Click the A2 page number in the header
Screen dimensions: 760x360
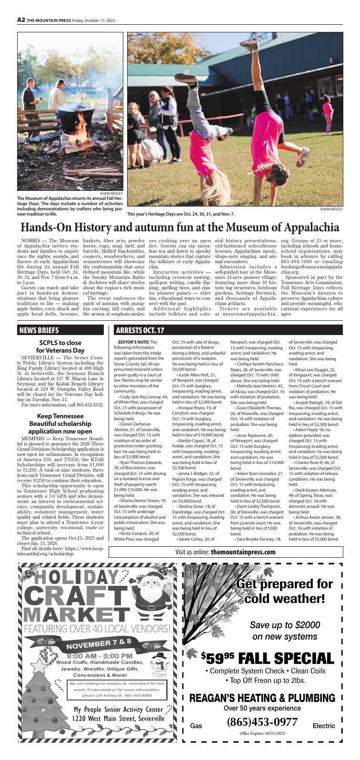click(21, 20)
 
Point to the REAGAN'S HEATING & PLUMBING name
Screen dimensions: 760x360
click(262, 698)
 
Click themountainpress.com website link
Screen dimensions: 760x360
click(243, 552)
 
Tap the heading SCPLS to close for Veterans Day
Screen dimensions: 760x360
click(60, 346)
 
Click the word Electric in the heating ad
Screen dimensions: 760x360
click(323, 726)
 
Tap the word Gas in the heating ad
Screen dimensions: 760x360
click(196, 726)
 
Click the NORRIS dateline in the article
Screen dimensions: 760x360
click(30, 242)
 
